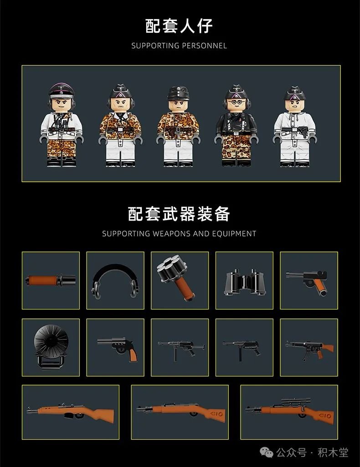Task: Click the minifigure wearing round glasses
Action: (x=237, y=125)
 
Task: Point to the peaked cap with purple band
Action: (x=62, y=91)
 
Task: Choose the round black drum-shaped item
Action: (x=51, y=347)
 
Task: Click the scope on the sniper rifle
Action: (x=295, y=401)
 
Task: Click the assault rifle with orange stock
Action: (x=309, y=349)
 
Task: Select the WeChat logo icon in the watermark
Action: (x=267, y=453)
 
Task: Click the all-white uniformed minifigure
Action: (x=295, y=127)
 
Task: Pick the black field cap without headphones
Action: (x=178, y=93)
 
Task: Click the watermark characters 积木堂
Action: (x=333, y=453)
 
